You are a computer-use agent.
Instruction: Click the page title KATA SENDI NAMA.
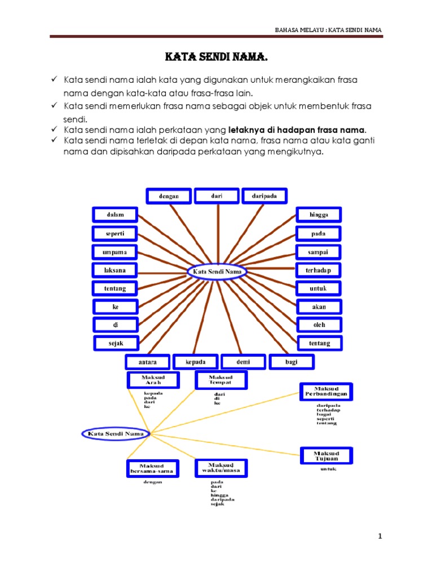[x=216, y=57]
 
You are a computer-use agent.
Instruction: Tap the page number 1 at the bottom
[x=381, y=536]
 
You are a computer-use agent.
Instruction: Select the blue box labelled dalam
[x=115, y=215]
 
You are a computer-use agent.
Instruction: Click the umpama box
[x=115, y=252]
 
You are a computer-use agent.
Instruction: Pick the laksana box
[x=115, y=270]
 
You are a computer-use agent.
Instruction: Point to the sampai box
[x=319, y=252]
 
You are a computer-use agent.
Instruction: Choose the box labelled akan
[x=319, y=307]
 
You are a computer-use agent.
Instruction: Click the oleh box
[x=319, y=325]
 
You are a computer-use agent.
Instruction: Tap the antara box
[x=147, y=362]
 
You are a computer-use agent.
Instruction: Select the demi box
[x=244, y=362]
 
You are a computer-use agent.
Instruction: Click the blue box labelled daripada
[x=264, y=196]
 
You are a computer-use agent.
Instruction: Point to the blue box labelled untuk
[x=319, y=288]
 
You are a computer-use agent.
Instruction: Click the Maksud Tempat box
[x=220, y=380]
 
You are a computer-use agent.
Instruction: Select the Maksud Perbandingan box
[x=326, y=392]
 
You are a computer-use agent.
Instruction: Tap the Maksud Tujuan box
[x=326, y=456]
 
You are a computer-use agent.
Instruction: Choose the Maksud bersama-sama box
[x=152, y=468]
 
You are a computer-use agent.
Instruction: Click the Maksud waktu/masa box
[x=220, y=468]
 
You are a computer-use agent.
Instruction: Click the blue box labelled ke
[x=115, y=307]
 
